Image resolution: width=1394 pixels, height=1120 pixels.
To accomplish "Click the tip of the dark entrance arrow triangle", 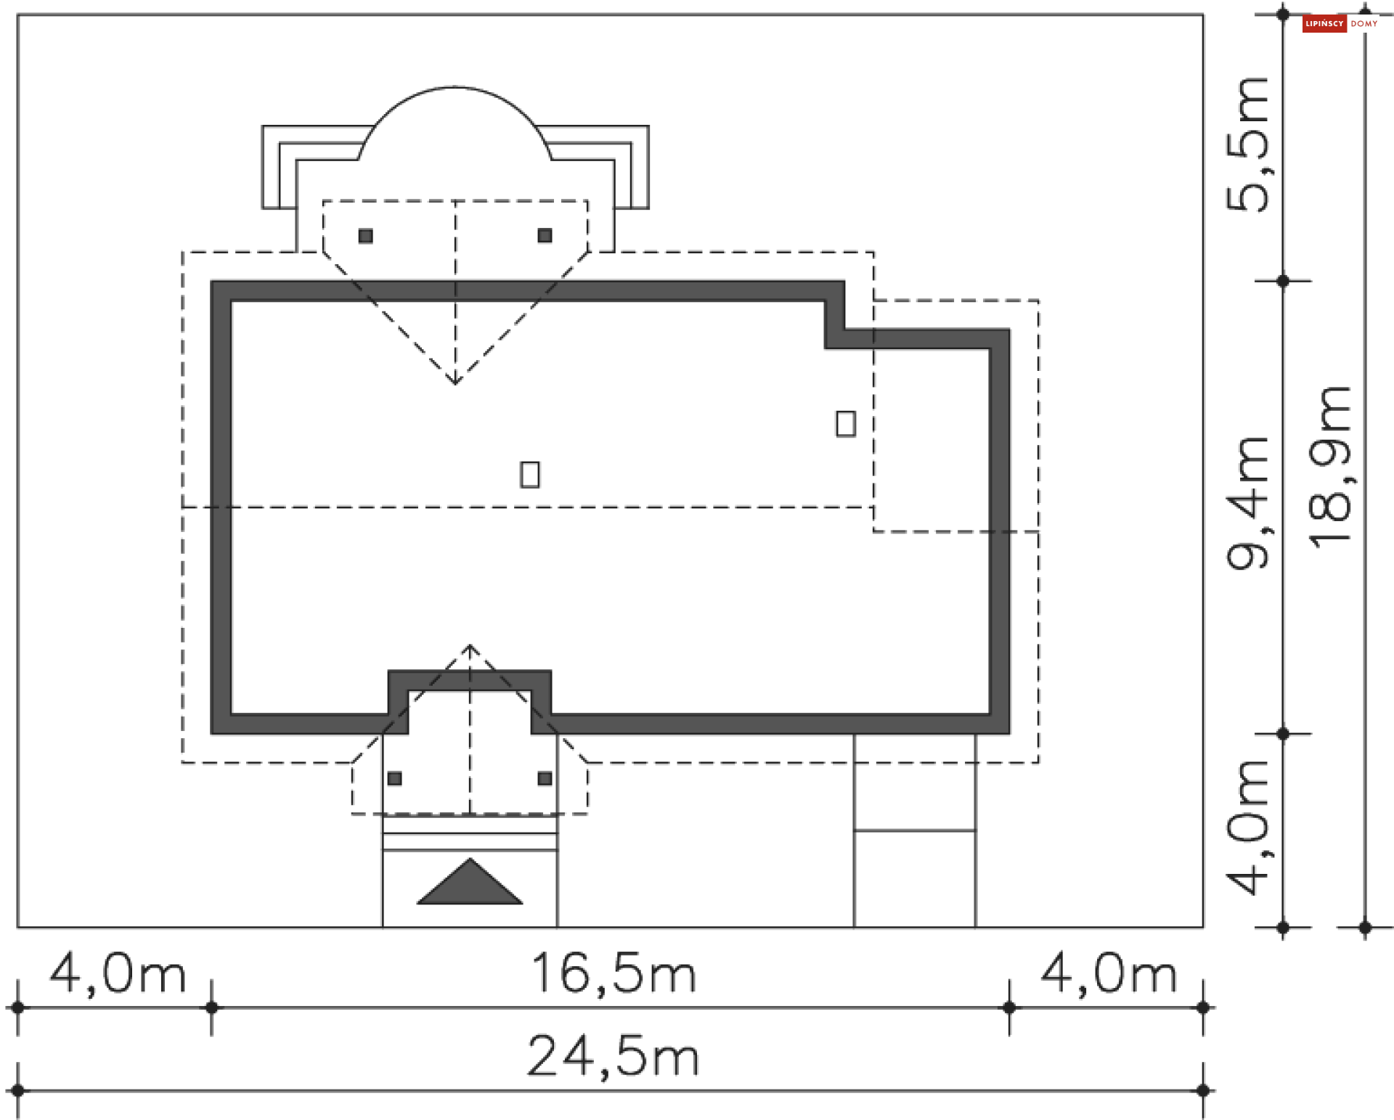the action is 470,859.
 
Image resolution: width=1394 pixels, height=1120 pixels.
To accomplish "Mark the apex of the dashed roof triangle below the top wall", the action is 455,383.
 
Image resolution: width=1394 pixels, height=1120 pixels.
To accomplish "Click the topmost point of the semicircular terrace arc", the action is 455,87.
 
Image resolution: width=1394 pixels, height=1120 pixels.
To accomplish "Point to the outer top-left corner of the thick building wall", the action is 211,282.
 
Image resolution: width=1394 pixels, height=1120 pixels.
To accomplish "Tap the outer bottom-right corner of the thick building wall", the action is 1010,734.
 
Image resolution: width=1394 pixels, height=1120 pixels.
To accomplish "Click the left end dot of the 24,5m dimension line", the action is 18,1090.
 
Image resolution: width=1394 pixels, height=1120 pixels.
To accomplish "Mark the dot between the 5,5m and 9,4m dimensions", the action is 1283,281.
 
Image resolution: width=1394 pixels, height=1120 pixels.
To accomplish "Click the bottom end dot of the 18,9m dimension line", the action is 1365,928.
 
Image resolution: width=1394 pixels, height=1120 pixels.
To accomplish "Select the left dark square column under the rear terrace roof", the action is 366,236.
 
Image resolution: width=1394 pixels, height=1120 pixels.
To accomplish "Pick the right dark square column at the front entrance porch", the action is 545,779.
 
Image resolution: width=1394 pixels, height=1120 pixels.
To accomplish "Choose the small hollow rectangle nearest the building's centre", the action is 530,475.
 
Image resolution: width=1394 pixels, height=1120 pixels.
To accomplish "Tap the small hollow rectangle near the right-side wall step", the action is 846,423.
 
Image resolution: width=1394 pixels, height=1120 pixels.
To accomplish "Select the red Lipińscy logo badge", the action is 1324,24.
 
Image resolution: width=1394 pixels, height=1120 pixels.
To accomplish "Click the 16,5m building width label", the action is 614,973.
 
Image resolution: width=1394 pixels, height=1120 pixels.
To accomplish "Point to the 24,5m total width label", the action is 614,1056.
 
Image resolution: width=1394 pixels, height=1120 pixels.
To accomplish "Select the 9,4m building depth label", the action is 1248,502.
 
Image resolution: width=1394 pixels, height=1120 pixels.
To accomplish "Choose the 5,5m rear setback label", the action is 1248,144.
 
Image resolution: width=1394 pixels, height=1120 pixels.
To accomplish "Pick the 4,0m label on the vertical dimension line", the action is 1248,827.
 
